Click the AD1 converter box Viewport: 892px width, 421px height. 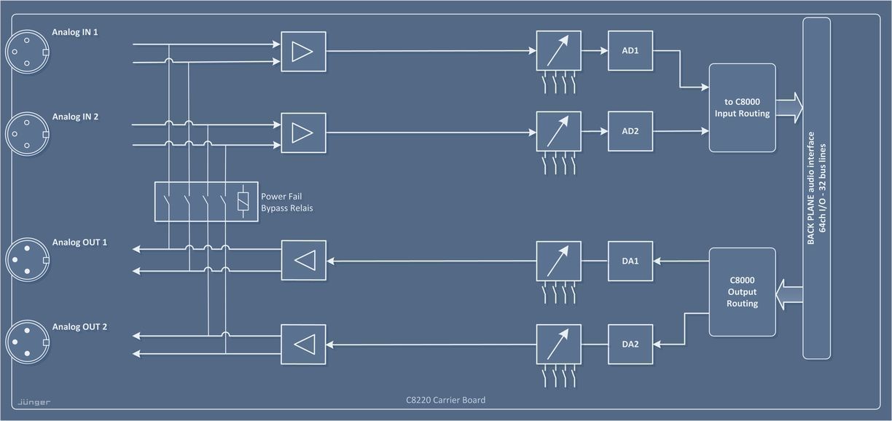tap(630, 51)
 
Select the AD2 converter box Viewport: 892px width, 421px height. tap(630, 132)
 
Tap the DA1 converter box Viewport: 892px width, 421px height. tap(630, 261)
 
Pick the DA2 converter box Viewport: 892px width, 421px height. tap(630, 344)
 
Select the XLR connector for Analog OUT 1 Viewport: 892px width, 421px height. tap(27, 259)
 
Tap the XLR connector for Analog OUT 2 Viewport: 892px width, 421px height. tap(27, 342)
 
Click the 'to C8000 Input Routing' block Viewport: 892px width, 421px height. tap(742, 108)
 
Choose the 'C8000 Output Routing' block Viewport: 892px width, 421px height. tap(742, 292)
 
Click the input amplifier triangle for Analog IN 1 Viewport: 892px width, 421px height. tap(303, 51)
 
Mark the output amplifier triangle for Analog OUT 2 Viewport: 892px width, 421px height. tap(303, 344)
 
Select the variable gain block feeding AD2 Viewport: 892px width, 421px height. tap(558, 132)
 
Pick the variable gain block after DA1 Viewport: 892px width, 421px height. tap(558, 261)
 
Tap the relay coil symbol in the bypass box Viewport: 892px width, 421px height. tap(243, 202)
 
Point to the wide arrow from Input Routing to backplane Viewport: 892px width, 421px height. tap(789, 108)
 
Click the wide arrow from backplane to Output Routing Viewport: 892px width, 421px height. tap(789, 294)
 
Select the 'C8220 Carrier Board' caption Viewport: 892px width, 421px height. tap(445, 400)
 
